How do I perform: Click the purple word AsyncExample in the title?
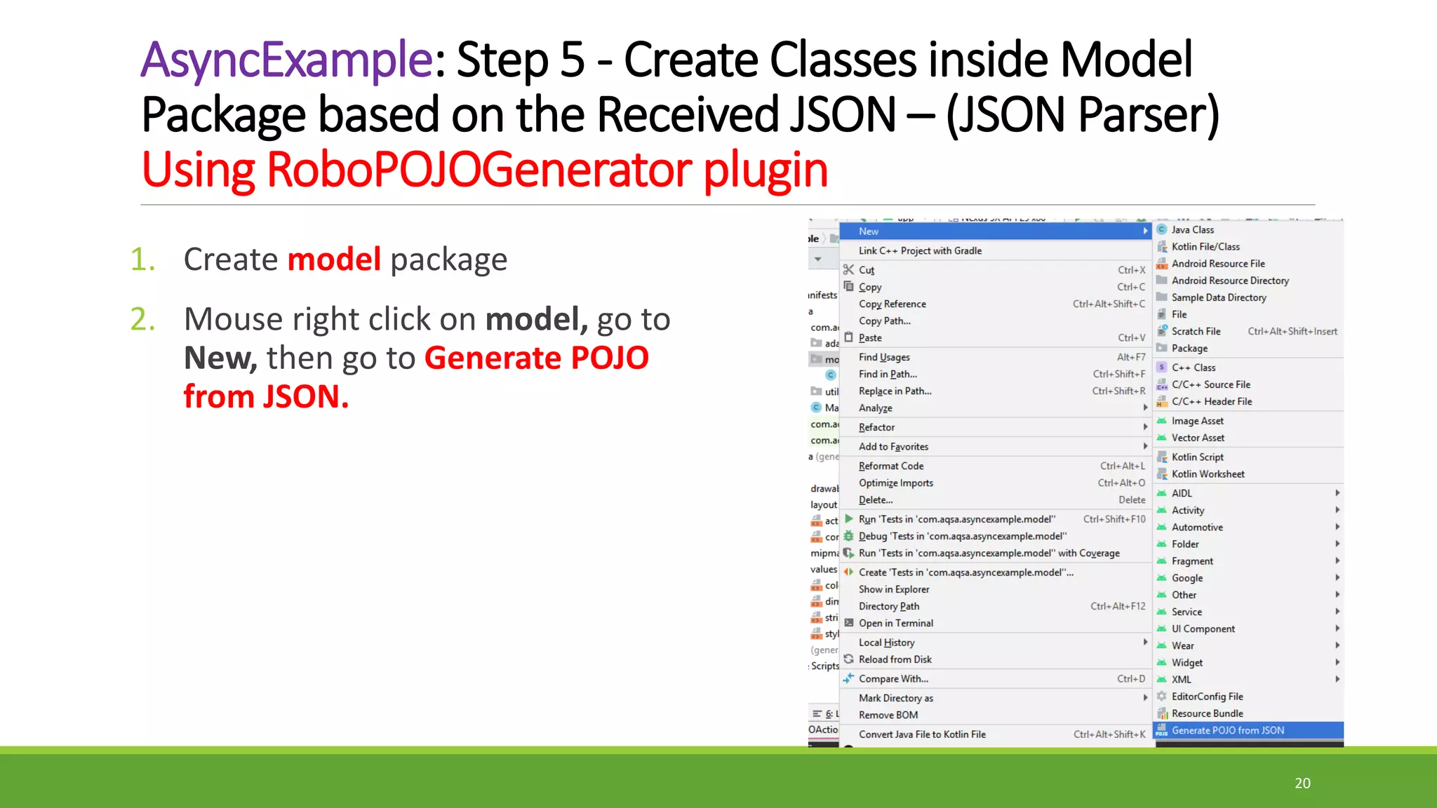coord(286,60)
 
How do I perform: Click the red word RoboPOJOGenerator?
coord(478,170)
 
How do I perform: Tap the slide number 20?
coord(1302,783)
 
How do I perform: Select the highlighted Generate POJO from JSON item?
coord(1227,730)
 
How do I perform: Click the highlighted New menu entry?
coord(869,231)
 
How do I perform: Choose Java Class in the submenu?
coord(1192,230)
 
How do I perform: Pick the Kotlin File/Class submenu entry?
coord(1205,247)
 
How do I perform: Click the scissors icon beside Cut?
coord(848,270)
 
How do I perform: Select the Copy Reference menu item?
coord(892,304)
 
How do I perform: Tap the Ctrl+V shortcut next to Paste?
coord(1130,338)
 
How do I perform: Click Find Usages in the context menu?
coord(884,357)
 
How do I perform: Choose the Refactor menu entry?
coord(876,427)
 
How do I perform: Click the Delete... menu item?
coord(875,500)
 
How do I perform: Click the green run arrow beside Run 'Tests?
coord(849,519)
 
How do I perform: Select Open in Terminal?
coord(895,623)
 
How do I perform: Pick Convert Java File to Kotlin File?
coord(922,734)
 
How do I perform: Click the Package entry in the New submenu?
coord(1189,349)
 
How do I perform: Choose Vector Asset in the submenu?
coord(1198,438)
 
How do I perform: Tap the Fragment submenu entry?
coord(1191,561)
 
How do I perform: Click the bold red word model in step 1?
coord(334,260)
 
